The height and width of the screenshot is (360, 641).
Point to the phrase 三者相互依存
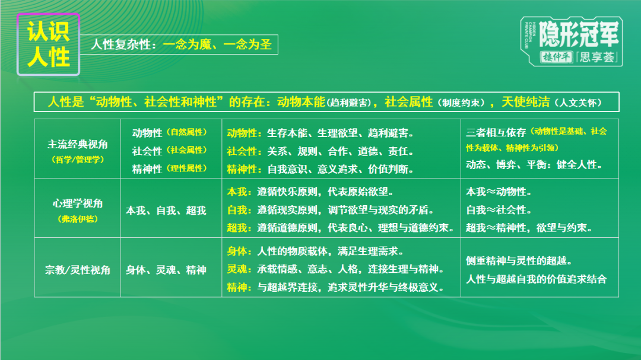[497, 132]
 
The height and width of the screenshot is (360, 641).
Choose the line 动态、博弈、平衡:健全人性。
[534, 165]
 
